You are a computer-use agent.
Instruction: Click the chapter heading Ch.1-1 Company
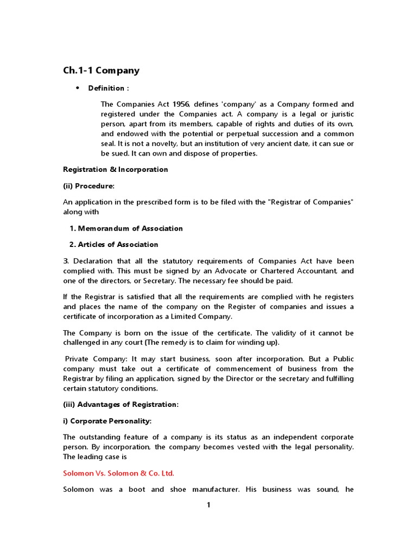(x=102, y=70)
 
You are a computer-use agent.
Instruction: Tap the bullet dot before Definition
(x=77, y=88)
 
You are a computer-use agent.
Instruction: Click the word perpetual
(x=233, y=134)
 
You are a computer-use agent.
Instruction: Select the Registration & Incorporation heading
(x=116, y=169)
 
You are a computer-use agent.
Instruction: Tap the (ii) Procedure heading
(x=89, y=186)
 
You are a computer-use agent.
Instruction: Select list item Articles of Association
(x=118, y=245)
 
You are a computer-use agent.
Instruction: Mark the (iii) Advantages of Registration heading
(x=121, y=405)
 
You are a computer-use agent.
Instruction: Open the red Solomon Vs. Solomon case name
(x=118, y=473)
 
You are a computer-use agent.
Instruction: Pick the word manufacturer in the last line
(x=216, y=490)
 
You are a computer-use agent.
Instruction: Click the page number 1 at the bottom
(x=208, y=505)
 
